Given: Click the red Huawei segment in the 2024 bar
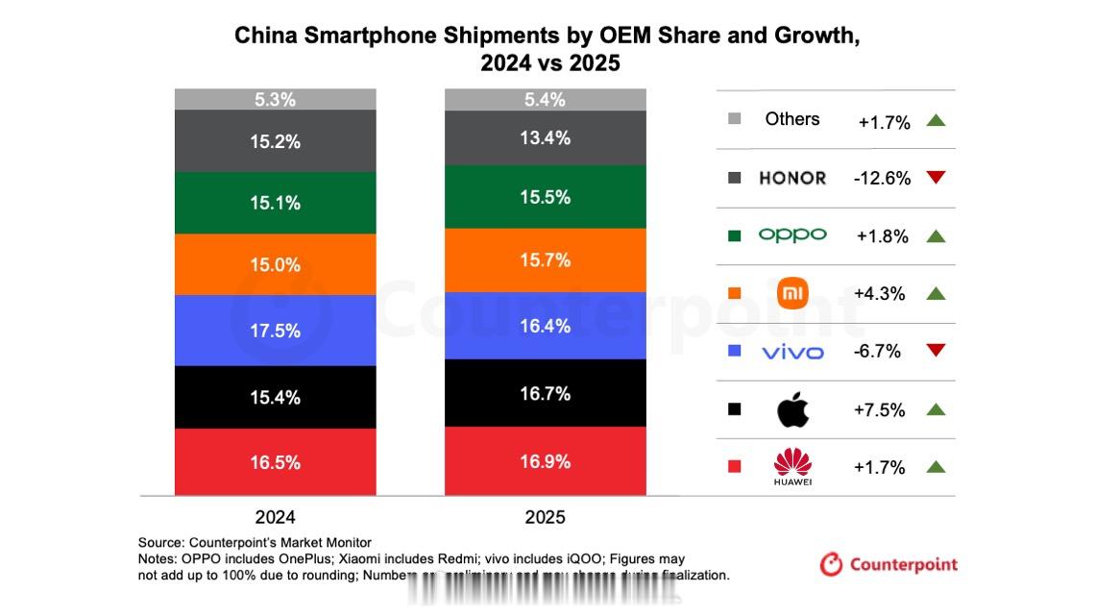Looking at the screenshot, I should tap(275, 461).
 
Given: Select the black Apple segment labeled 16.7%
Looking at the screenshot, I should tap(545, 393).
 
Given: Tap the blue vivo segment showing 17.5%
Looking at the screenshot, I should tap(275, 330).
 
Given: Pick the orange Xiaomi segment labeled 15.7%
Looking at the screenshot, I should tap(545, 259).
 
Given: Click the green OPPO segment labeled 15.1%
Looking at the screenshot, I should tap(275, 203).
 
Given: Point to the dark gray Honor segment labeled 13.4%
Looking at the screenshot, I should tap(545, 137).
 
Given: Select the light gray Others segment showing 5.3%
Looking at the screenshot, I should tap(275, 99).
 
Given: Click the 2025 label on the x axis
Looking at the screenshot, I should tap(545, 517).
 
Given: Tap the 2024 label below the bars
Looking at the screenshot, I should tap(275, 517).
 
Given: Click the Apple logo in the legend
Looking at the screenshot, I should tap(792, 410).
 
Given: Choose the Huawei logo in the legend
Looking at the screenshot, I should tap(792, 467).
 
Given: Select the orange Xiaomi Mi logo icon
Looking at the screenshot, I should tap(792, 293).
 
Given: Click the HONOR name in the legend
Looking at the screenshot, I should tap(791, 178).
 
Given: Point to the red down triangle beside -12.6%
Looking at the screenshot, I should tap(937, 178).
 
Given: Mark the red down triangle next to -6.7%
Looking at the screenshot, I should tap(937, 351).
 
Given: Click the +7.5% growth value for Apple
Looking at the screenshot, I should tap(879, 410).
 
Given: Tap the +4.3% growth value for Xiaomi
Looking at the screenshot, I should tap(879, 294).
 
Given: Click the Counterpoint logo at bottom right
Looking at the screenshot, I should tap(888, 565).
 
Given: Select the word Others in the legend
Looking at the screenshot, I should tap(792, 119).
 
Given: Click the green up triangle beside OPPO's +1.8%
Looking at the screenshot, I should tap(937, 235).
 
